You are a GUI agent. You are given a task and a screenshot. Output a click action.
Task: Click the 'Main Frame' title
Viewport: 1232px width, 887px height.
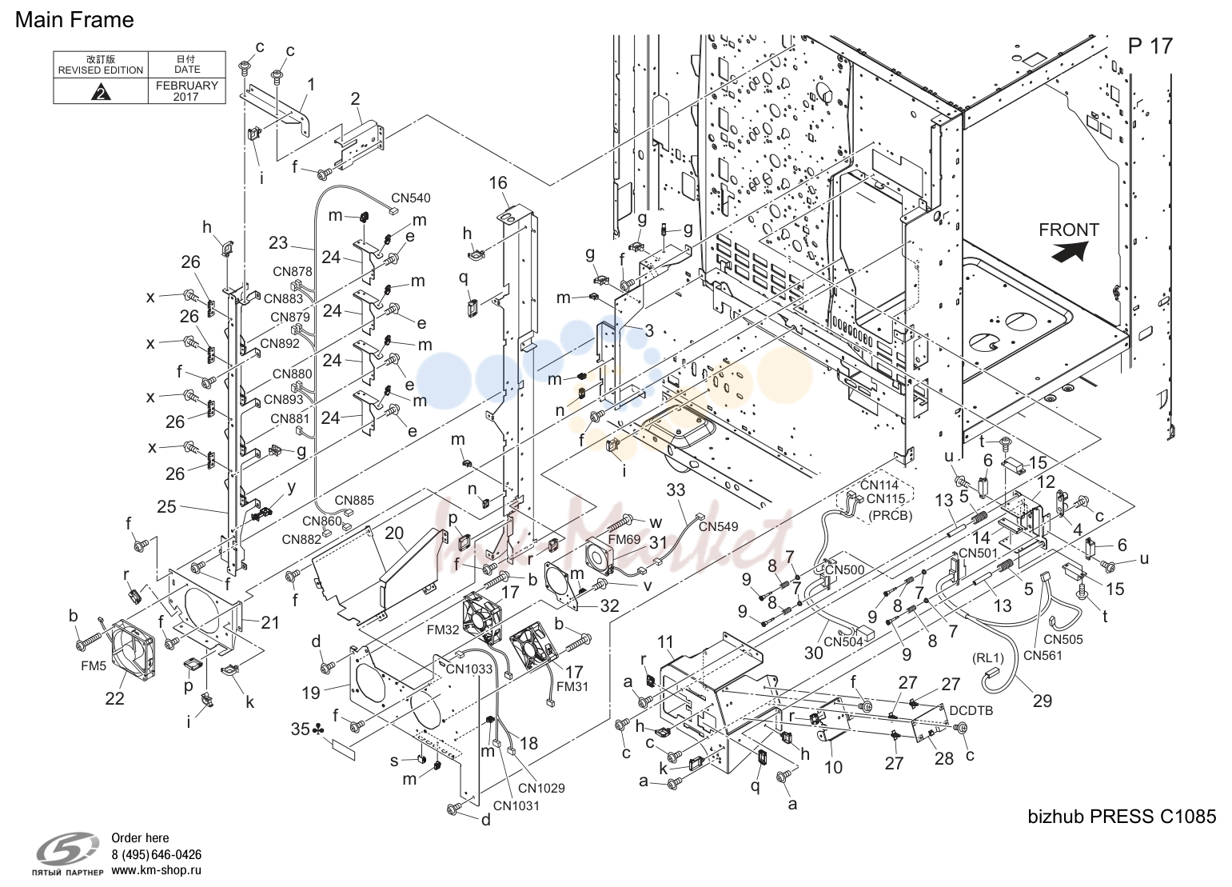74,20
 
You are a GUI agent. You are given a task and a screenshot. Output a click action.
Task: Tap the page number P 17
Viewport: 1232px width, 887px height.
1150,46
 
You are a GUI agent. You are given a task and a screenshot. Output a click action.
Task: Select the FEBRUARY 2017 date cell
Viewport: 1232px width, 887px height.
187,91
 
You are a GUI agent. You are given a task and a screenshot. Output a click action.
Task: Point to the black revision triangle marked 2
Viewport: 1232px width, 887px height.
101,92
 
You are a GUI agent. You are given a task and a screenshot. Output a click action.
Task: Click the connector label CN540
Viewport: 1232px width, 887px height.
411,198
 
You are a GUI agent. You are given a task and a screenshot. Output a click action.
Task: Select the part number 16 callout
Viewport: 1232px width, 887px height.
498,183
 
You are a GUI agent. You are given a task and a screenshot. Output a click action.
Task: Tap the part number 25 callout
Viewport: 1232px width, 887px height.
166,506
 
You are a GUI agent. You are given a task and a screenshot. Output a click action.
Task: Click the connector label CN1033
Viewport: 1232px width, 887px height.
469,669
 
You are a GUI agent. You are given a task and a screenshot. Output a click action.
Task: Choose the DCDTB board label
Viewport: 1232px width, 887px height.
971,711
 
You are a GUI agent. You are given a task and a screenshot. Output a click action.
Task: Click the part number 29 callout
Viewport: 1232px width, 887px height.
1043,701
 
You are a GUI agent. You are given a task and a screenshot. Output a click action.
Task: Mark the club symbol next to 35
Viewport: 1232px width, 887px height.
318,730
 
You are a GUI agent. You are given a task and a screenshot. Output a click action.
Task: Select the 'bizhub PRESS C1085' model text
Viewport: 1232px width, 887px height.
1122,817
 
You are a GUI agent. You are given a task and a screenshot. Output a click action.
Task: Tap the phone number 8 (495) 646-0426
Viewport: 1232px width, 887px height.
156,854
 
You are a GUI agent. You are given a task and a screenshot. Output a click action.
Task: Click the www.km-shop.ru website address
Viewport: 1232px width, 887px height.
156,870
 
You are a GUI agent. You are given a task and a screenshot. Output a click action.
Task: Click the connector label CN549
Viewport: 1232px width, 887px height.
718,527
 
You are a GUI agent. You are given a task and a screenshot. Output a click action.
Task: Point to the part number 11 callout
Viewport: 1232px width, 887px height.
665,641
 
